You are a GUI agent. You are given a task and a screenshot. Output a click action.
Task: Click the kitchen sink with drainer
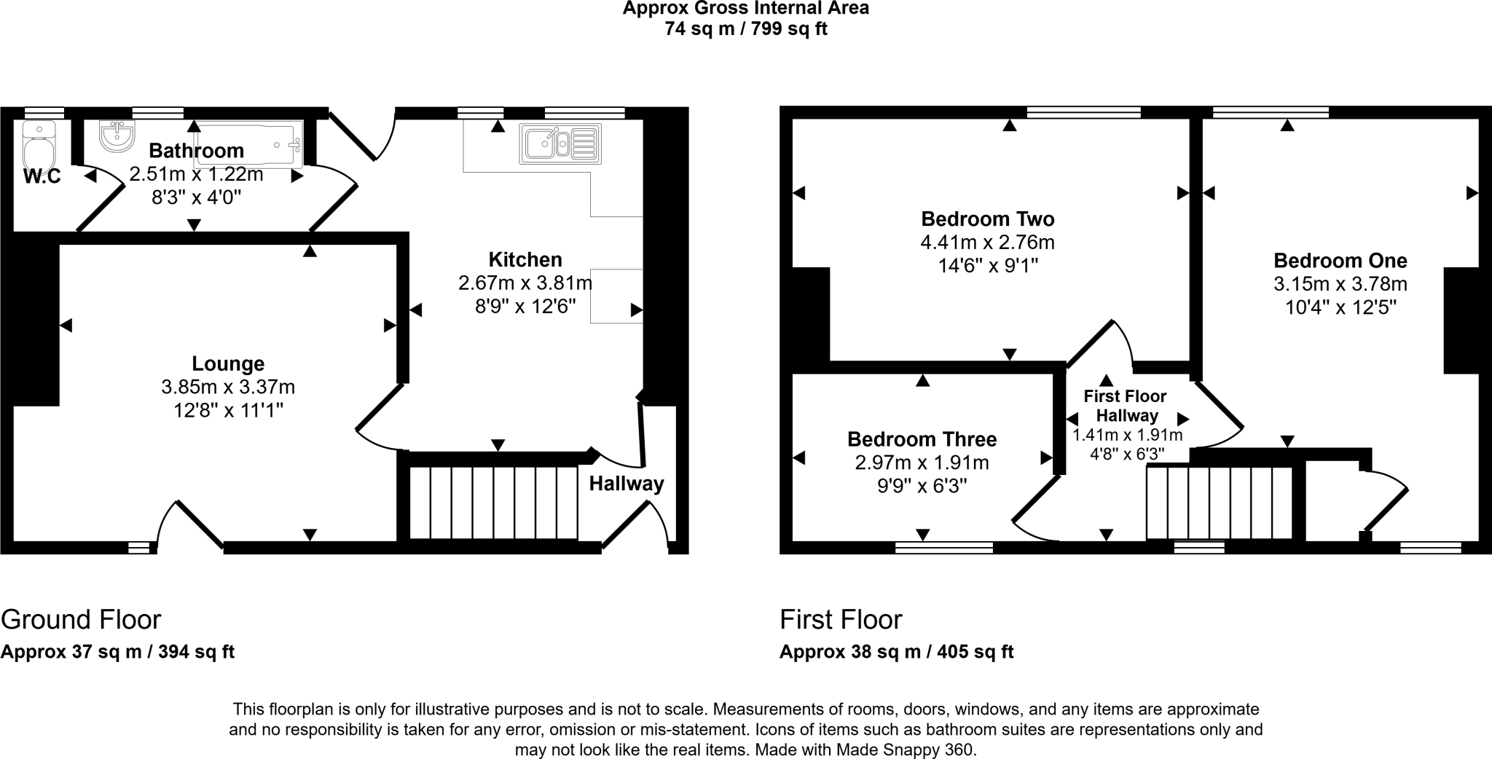(x=560, y=143)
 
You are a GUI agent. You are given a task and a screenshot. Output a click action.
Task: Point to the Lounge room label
(x=228, y=363)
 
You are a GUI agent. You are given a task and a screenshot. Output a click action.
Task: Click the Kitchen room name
(x=525, y=259)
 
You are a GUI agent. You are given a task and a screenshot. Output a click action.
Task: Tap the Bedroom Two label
(x=987, y=219)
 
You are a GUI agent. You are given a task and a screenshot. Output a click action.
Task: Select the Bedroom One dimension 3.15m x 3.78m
(x=1340, y=283)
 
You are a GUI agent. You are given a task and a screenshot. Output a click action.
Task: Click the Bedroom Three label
(x=922, y=439)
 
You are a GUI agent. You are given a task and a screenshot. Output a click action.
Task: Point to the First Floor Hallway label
(x=1126, y=406)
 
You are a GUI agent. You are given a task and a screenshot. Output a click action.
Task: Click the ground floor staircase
(x=493, y=503)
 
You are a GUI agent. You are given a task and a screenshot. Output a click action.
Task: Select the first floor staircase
(x=1220, y=503)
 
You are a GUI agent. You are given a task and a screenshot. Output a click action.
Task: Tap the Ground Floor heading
(x=81, y=620)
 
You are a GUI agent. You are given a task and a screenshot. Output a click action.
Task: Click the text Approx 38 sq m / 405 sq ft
(x=896, y=651)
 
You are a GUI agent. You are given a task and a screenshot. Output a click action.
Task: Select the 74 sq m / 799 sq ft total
(x=745, y=29)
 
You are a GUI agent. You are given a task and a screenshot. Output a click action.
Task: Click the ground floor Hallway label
(x=627, y=484)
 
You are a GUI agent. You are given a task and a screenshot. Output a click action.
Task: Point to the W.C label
(x=42, y=176)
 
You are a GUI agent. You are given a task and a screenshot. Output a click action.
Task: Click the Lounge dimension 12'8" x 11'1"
(x=228, y=410)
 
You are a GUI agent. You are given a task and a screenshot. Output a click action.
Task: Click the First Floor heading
(x=841, y=620)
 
